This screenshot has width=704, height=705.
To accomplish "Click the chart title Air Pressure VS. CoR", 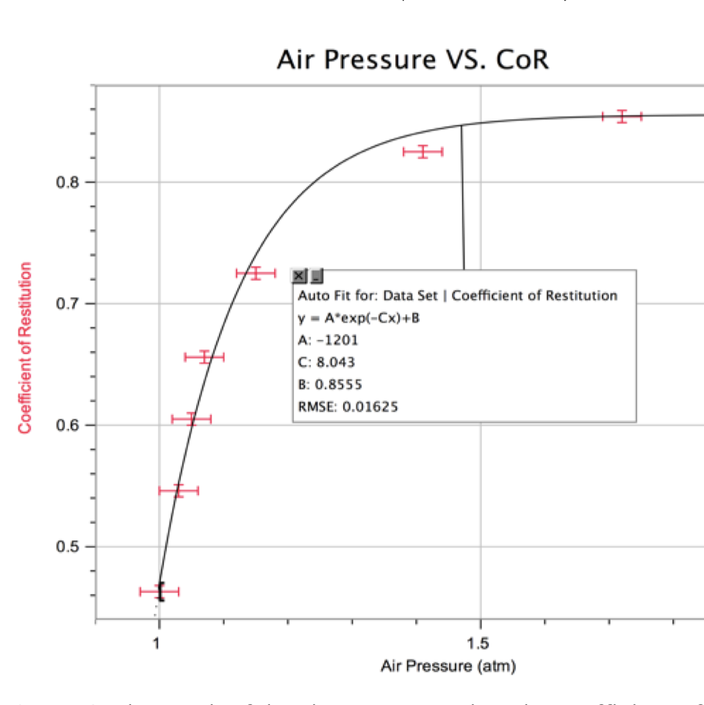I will pyautogui.click(x=412, y=59).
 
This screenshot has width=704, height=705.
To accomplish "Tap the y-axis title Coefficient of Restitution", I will pyautogui.click(x=26, y=347).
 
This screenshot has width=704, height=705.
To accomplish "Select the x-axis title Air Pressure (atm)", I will pyautogui.click(x=448, y=666).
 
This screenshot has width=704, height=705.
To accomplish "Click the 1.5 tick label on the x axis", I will pyautogui.click(x=478, y=644).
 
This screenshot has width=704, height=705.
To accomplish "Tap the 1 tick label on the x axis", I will pyautogui.click(x=157, y=644).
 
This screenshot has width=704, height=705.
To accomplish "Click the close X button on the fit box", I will pyautogui.click(x=299, y=276).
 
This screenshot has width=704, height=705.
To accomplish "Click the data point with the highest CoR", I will pyautogui.click(x=622, y=116).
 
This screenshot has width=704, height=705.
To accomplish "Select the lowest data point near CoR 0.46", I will pyautogui.click(x=159, y=591).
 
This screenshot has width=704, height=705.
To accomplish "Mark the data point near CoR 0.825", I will pyautogui.click(x=423, y=152).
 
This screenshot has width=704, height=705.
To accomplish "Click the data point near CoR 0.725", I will pyautogui.click(x=255, y=273).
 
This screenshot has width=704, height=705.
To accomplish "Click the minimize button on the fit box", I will pyautogui.click(x=316, y=276).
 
